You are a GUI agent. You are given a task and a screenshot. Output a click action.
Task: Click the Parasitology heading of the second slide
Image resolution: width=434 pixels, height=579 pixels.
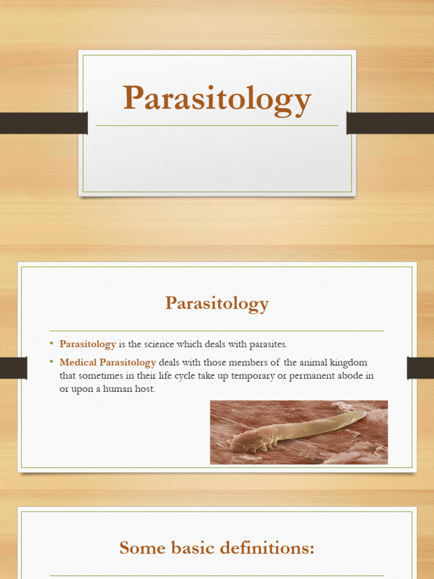(x=217, y=304)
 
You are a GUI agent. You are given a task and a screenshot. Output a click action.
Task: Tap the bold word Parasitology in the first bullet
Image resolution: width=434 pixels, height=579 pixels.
(x=88, y=344)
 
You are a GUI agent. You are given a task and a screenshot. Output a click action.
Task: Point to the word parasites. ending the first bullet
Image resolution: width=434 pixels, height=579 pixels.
(x=268, y=344)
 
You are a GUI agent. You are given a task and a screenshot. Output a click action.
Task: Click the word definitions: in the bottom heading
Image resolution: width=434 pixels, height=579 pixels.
(x=269, y=547)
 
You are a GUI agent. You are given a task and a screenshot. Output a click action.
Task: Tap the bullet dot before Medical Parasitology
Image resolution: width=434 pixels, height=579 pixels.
(x=51, y=362)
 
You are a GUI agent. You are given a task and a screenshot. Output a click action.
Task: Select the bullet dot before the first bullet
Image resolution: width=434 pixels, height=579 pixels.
(x=51, y=343)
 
